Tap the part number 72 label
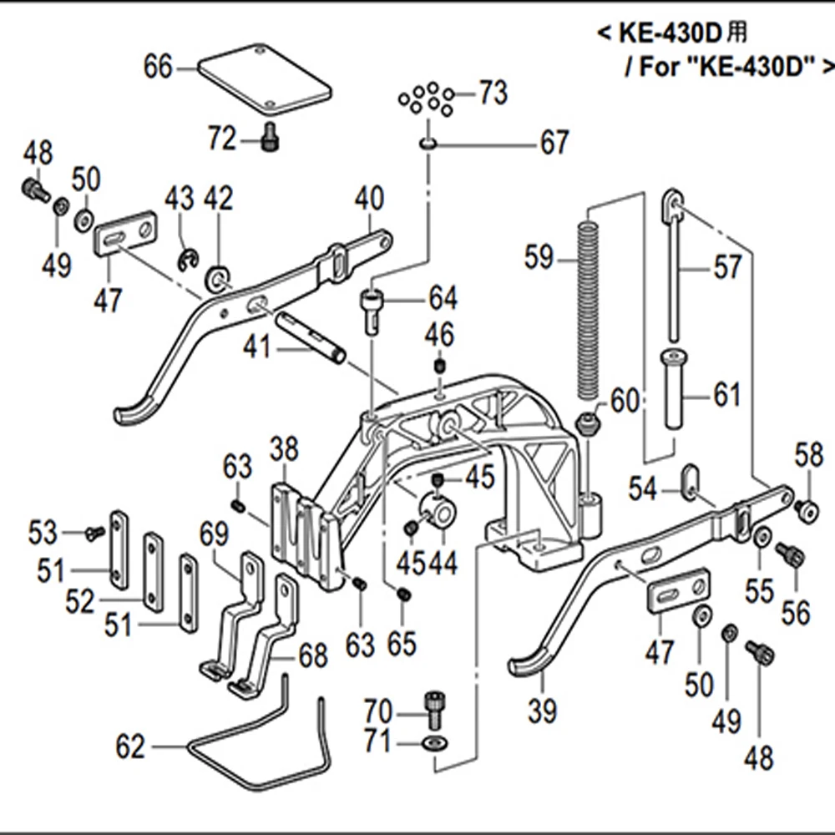222,139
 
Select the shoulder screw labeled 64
372,309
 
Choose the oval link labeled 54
690,483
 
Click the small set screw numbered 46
439,367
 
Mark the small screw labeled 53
95,531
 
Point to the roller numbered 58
806,509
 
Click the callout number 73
493,94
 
